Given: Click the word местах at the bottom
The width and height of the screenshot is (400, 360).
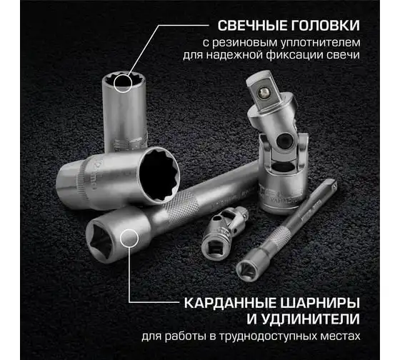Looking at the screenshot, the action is click(337, 336).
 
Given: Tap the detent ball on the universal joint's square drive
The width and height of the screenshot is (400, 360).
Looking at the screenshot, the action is click(263, 92).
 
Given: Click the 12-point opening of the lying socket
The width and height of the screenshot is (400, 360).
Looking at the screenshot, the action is click(159, 176).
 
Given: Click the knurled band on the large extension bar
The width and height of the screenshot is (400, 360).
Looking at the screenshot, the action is click(181, 206).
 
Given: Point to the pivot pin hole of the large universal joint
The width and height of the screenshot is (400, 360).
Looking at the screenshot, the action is click(283, 139).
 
